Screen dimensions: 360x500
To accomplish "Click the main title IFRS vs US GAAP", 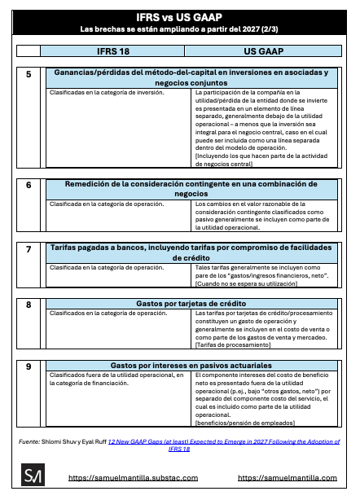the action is [x=179, y=17].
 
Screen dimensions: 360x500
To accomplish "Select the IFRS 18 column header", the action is [x=113, y=51].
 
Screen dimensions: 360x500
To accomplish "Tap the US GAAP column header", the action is [x=263, y=51].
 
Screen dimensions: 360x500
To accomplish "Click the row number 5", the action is [x=29, y=74].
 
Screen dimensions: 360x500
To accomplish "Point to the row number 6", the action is [x=29, y=186].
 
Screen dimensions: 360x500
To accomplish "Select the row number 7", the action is [x=29, y=249].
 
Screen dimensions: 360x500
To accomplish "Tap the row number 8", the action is [x=29, y=305].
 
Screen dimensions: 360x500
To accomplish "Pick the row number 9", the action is [x=29, y=366].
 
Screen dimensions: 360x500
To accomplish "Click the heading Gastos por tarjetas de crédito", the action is [x=191, y=304].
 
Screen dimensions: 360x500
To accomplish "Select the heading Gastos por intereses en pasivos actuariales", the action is [x=191, y=366].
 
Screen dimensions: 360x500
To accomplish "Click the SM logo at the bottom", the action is [x=33, y=475].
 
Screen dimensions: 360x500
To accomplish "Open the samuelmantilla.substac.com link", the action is [x=134, y=478].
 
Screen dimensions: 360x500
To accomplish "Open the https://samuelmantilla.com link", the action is [x=288, y=478].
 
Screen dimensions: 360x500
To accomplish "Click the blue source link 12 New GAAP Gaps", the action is [x=224, y=445].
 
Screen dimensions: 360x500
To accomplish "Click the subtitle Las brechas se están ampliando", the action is [x=179, y=29].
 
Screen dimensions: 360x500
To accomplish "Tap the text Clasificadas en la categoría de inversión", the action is [x=107, y=93].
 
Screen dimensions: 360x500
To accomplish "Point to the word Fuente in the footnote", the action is [x=29, y=441].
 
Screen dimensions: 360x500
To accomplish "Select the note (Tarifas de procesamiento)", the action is [x=233, y=345].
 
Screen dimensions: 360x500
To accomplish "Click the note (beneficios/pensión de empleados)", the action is [x=245, y=423].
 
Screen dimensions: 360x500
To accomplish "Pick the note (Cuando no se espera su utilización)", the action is [x=246, y=284].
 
